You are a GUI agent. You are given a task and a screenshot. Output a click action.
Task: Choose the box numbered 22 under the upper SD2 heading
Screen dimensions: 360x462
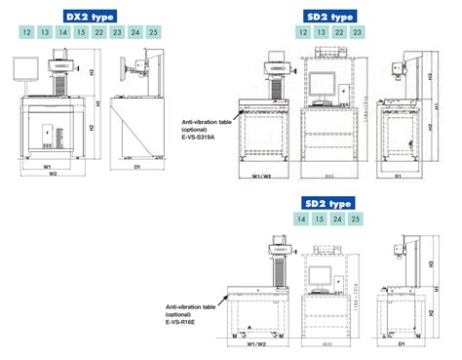(338, 33)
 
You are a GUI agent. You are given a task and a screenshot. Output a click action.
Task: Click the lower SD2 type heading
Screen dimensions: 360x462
(327, 203)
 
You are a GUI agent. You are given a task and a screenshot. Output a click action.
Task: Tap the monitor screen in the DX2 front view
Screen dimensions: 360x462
(25, 69)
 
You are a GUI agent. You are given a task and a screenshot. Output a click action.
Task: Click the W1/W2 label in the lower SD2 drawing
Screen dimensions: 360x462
(259, 344)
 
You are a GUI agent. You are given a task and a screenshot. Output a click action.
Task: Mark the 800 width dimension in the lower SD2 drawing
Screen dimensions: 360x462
(327, 344)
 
